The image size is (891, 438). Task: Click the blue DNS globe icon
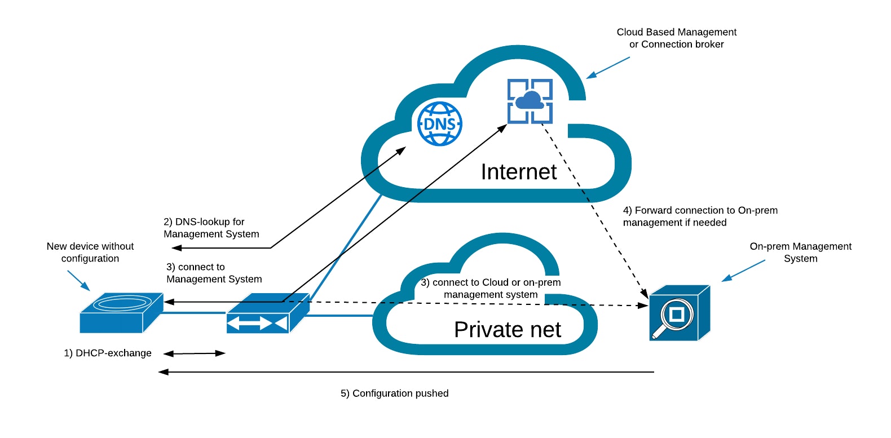click(x=440, y=123)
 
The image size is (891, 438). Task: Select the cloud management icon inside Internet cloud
click(x=530, y=101)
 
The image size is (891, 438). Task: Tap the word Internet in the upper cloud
click(x=518, y=171)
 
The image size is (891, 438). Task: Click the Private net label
click(x=507, y=330)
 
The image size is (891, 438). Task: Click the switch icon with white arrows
click(x=267, y=314)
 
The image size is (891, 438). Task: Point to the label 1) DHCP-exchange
click(x=108, y=353)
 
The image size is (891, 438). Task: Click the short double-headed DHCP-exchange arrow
click(x=195, y=353)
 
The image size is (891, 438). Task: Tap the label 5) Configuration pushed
click(x=394, y=393)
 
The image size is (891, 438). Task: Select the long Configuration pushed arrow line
click(x=406, y=372)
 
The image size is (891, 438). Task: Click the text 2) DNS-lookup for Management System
click(x=211, y=228)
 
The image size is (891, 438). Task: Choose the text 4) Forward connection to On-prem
click(x=700, y=211)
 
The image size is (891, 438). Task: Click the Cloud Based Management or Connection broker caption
click(x=676, y=38)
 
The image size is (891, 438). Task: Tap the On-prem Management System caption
click(x=800, y=253)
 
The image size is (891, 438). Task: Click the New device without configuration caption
click(x=90, y=253)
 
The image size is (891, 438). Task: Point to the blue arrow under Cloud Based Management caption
click(x=608, y=68)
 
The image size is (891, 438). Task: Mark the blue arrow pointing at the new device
click(x=78, y=280)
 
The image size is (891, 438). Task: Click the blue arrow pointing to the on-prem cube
click(x=743, y=271)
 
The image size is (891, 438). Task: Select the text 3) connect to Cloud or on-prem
click(x=491, y=282)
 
